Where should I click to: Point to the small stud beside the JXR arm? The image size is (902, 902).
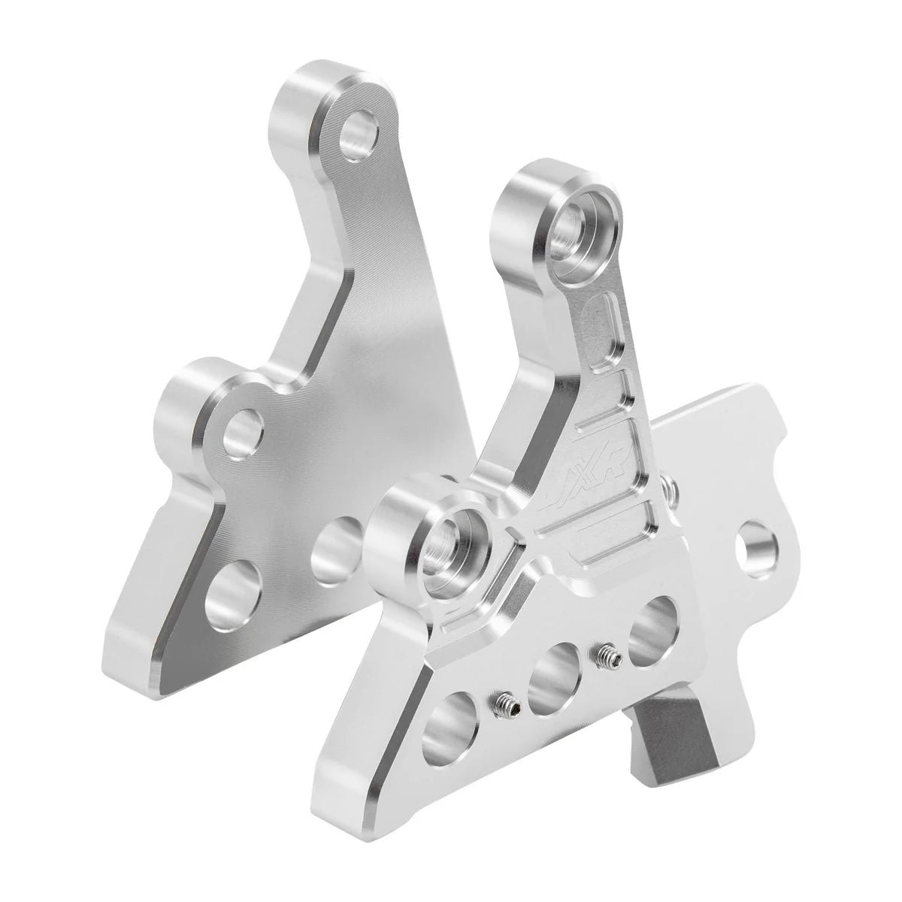pos(673,489)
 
